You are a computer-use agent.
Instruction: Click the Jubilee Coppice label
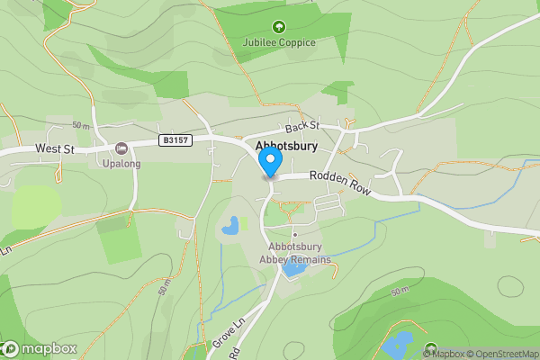pos(279,42)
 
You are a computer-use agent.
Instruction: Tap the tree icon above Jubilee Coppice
pos(279,27)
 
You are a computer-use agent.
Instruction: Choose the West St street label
pos(54,148)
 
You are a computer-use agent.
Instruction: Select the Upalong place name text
pos(121,164)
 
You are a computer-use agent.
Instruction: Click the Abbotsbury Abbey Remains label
pos(300,254)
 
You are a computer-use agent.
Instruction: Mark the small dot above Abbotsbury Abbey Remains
pos(293,235)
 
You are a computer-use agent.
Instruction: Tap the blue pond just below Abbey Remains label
pos(293,268)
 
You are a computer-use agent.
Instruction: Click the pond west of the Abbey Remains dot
pos(230,225)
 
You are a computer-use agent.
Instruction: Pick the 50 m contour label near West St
pos(81,125)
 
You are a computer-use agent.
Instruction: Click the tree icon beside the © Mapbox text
pos(430,348)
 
